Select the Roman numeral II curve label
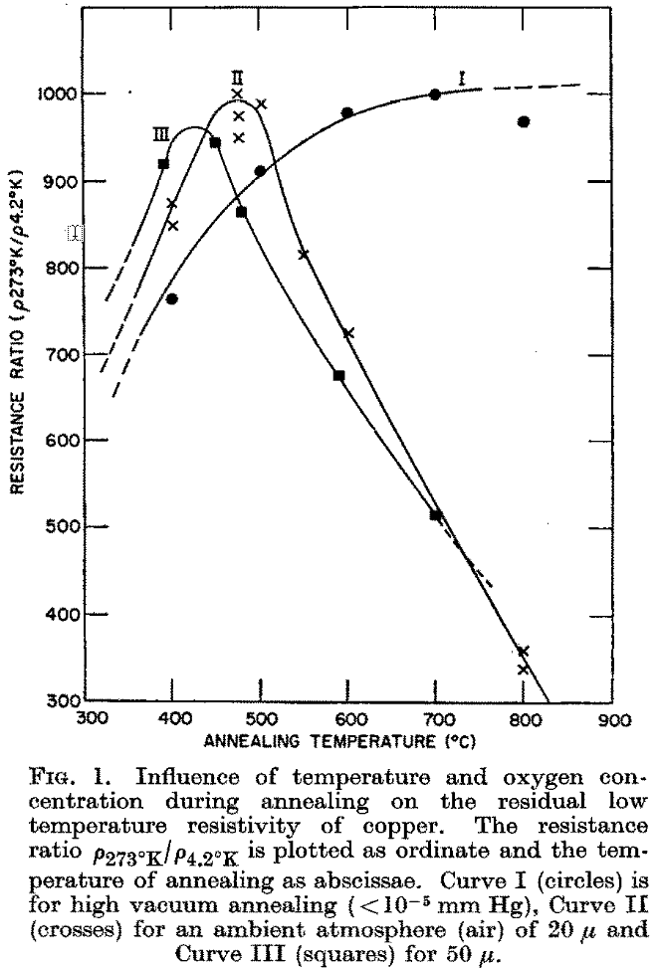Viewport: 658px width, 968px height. [237, 75]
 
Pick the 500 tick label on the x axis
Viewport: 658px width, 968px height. [261, 718]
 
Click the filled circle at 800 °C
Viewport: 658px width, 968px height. [524, 121]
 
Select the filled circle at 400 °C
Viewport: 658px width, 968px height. [172, 299]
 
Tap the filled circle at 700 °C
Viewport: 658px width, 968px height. [435, 95]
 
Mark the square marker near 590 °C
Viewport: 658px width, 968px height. [338, 375]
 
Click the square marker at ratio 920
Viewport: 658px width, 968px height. [163, 163]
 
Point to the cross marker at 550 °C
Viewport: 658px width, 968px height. [304, 255]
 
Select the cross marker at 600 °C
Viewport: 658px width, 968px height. [348, 333]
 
